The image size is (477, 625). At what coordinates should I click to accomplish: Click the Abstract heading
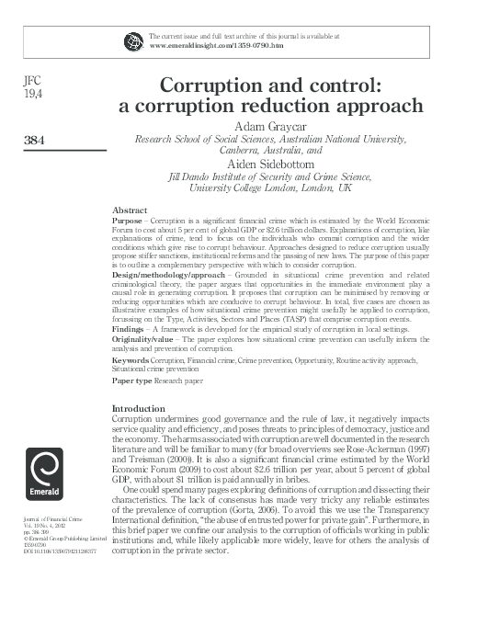coord(130,210)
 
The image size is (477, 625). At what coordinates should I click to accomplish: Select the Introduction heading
coord(138,407)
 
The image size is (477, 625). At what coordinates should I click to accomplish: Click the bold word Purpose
coord(126,222)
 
